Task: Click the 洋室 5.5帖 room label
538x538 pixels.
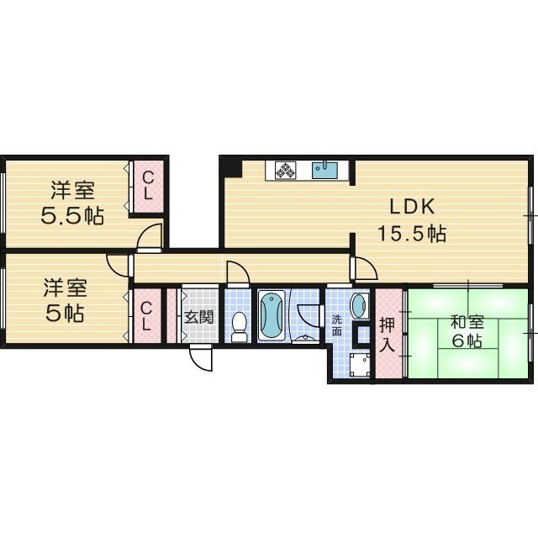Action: (x=73, y=203)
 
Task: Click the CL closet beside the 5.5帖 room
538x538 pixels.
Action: (x=146, y=187)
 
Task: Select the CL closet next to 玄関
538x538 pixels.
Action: (x=145, y=313)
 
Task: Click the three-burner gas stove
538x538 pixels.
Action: (x=283, y=170)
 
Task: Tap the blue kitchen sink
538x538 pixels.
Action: (x=324, y=169)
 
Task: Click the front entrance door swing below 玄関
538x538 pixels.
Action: (x=200, y=358)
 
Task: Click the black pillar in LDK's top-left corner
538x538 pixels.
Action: (x=231, y=166)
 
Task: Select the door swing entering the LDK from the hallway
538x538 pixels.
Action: (x=366, y=268)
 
